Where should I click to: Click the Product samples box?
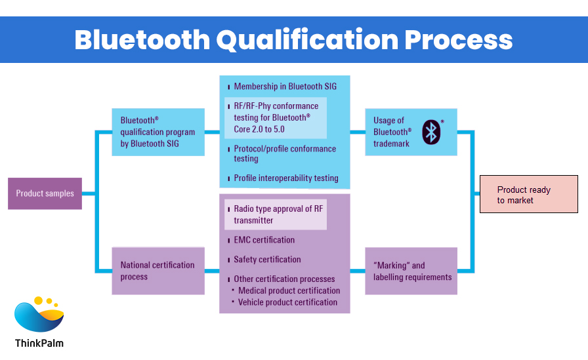[45, 193]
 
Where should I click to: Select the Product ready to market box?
[528, 194]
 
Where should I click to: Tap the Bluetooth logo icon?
[431, 132]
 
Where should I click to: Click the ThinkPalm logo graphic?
[39, 315]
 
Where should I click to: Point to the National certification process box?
[157, 271]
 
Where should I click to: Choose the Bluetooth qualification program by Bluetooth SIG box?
[157, 132]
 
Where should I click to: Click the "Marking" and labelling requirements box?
[411, 271]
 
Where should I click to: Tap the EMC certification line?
[264, 240]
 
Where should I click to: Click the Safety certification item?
[267, 260]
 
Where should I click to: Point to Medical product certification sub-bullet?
[289, 290]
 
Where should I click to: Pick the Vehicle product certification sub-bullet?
[287, 302]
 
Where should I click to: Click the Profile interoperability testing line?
[286, 178]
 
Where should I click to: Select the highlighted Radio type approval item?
[276, 214]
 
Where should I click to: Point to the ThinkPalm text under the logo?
[39, 343]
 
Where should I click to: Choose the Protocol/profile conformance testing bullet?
[285, 153]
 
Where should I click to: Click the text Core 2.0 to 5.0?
[259, 129]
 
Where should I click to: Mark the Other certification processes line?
[284, 279]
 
